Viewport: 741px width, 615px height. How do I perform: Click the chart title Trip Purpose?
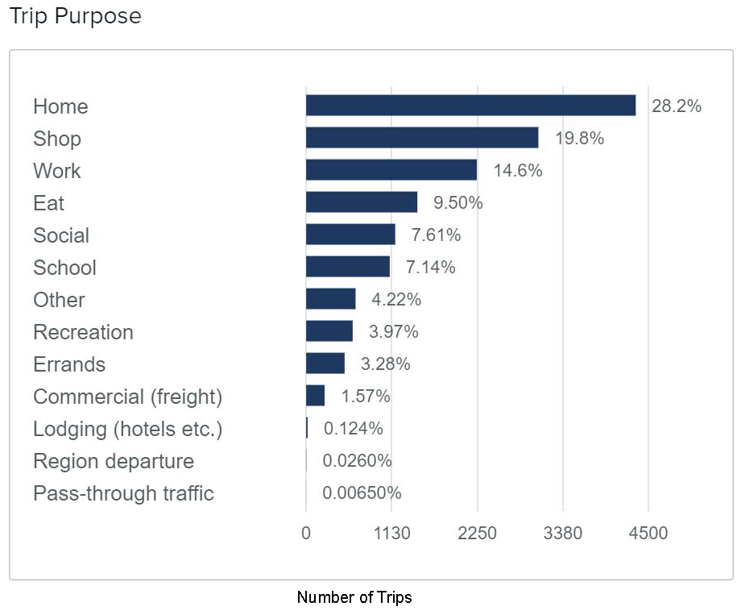point(75,16)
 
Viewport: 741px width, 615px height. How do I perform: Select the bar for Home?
point(470,106)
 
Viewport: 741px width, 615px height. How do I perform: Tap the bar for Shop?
point(422,138)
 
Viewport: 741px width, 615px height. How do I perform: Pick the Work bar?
point(391,170)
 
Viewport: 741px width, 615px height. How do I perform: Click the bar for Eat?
point(362,202)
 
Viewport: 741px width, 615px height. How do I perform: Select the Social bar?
point(350,235)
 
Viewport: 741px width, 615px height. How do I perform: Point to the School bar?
point(348,267)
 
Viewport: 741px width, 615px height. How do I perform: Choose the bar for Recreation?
point(329,331)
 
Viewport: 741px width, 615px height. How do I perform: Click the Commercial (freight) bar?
point(315,396)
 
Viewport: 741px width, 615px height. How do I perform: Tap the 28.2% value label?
point(677,106)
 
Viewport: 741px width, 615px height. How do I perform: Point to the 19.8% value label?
point(579,139)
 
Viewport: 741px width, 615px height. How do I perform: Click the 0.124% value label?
point(354,429)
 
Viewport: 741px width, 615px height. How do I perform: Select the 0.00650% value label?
point(362,493)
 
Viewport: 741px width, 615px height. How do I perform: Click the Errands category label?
point(69,364)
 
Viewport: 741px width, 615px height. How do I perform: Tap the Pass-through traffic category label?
point(123,493)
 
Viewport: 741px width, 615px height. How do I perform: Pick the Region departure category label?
point(114,461)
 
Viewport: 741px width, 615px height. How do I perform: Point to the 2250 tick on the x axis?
point(477,534)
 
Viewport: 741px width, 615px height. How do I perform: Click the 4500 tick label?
point(648,534)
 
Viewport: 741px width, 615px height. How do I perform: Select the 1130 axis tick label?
point(391,534)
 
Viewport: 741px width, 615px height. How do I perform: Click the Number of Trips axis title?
point(354,597)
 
